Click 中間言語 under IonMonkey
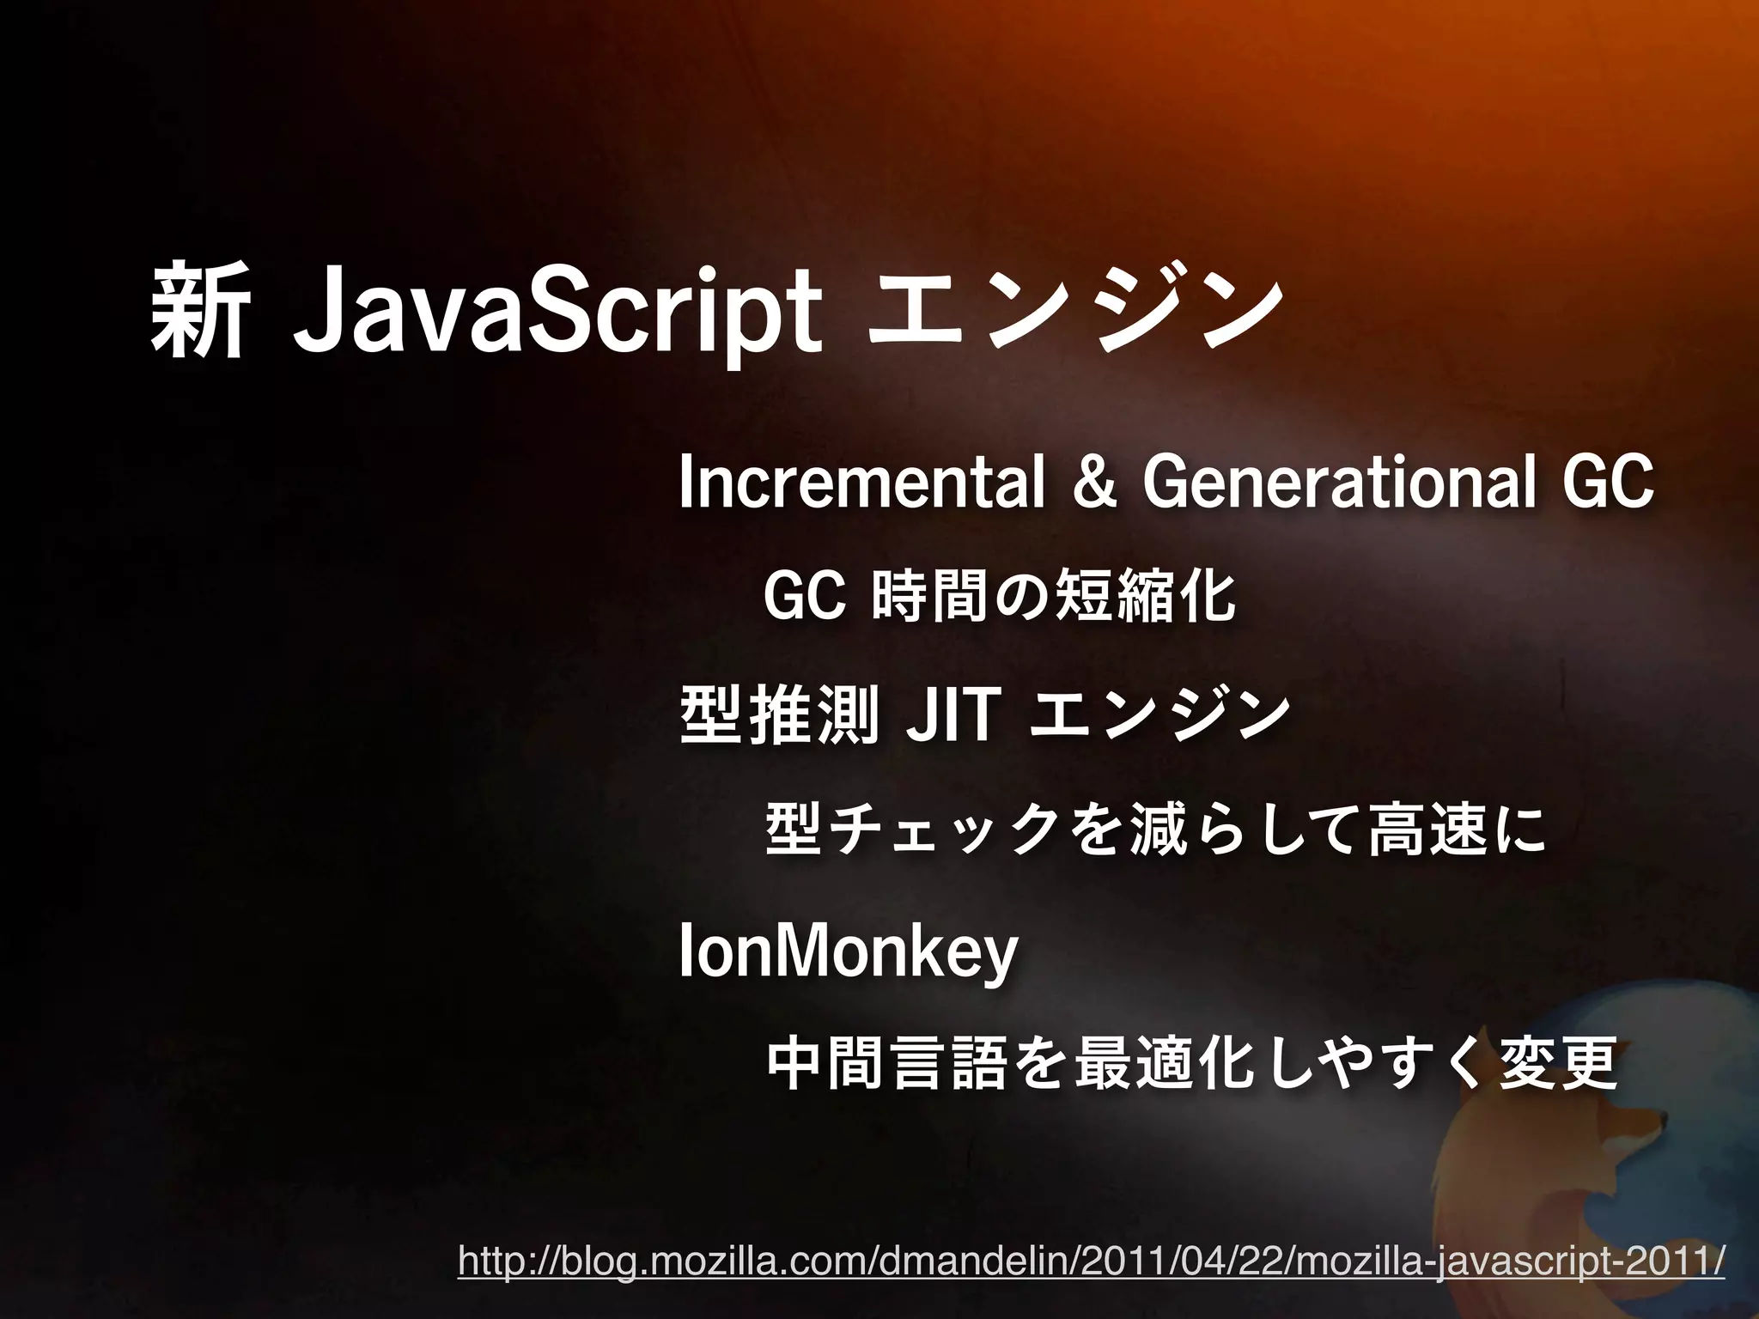tap(886, 1065)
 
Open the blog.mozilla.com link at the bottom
tap(1091, 1262)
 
